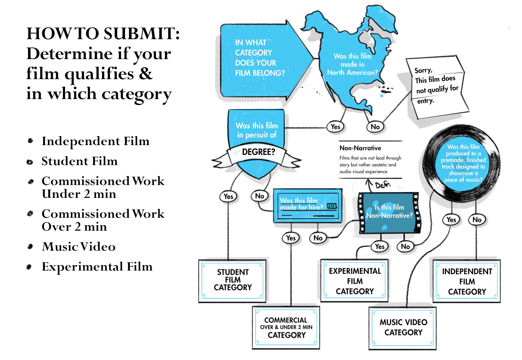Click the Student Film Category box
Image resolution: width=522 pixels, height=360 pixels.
pos(233,280)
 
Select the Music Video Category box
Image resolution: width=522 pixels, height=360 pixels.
pos(403,327)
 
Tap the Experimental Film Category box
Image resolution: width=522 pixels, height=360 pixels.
pos(355,281)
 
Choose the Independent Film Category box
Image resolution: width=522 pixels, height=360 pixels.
pos(467,282)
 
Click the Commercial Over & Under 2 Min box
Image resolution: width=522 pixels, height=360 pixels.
pos(286,327)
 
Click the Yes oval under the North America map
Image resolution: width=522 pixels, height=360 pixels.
pos(335,127)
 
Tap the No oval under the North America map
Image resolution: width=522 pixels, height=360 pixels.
pos(375,127)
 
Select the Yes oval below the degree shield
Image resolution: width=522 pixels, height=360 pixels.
pos(228,196)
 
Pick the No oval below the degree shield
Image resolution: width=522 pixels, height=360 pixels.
pos(259,196)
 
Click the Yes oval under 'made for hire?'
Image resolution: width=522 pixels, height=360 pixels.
pos(291,238)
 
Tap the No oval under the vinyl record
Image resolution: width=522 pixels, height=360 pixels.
pos(477,220)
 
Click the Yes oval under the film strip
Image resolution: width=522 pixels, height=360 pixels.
pos(380,246)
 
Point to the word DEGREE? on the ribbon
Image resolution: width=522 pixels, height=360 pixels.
pos(259,152)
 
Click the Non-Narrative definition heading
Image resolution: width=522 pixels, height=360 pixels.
pos(360,148)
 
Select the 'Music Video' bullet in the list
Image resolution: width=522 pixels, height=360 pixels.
pos(78,247)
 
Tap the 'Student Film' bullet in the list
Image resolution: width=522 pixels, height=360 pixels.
pos(79,161)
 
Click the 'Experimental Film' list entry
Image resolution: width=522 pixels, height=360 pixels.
pos(97,267)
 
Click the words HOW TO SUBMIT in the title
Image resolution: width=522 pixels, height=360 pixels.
pos(103,34)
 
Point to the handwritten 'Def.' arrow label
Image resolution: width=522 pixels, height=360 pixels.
pos(382,185)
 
